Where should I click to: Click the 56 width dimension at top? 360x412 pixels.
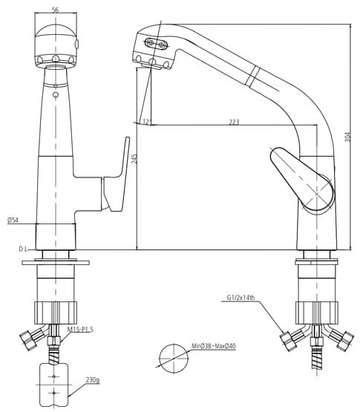point(56,10)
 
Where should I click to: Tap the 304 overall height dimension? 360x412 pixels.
point(347,137)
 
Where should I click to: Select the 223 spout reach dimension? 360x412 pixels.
point(234,122)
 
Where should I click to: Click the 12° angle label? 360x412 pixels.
point(146,122)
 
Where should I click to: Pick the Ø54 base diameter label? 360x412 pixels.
point(13,220)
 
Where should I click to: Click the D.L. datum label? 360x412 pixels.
point(23,249)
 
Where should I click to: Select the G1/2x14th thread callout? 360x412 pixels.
point(241,298)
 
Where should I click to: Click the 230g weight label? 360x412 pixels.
point(92,380)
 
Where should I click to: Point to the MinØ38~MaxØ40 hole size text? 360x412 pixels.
point(213,347)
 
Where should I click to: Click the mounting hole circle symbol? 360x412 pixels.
point(173,357)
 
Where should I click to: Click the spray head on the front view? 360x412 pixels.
point(56,45)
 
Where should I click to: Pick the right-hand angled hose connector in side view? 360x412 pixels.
point(340,338)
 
